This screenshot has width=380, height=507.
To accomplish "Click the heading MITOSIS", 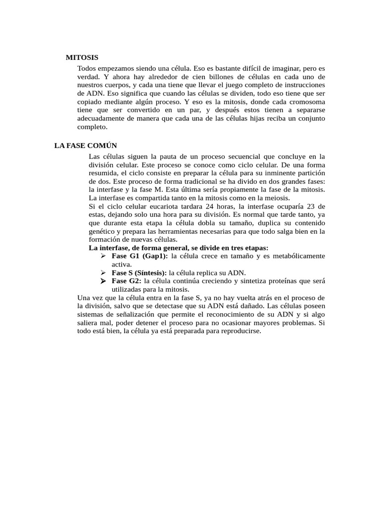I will (82, 57).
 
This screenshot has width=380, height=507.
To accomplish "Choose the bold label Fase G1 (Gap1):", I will (140, 256).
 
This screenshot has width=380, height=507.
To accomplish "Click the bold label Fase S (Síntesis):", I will (140, 273).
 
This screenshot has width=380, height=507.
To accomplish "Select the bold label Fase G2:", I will (127, 281).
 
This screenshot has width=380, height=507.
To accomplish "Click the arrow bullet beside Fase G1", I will (103, 256).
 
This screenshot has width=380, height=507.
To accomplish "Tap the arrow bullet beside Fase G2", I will (103, 281).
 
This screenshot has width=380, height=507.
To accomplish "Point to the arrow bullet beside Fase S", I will (103, 273).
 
